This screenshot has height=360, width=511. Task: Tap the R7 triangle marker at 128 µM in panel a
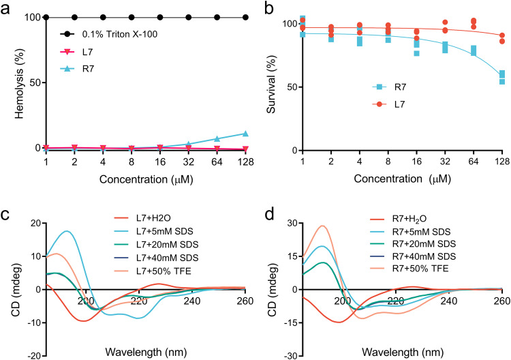[x=245, y=134]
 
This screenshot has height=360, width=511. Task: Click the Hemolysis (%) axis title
[x=10, y=82]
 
